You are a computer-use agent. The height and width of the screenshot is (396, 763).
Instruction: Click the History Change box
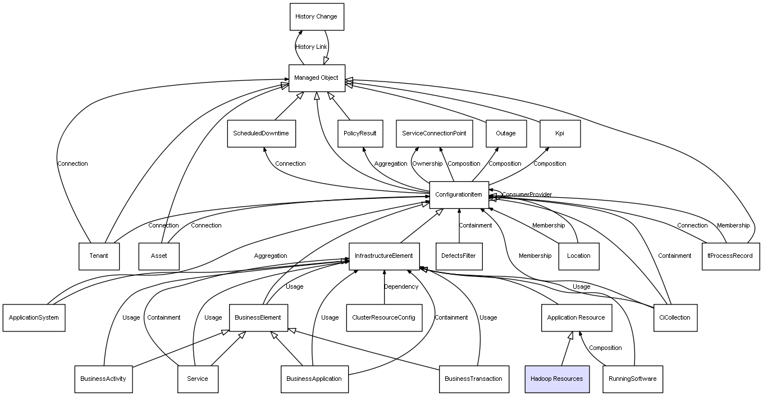(316, 17)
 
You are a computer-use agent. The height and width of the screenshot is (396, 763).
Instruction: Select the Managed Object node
(316, 78)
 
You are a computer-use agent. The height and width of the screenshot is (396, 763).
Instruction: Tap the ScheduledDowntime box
(261, 134)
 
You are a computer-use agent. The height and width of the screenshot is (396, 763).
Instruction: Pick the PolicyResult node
(360, 134)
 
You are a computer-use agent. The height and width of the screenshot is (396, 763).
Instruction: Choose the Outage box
(505, 134)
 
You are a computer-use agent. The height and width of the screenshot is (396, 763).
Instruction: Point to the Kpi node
(559, 134)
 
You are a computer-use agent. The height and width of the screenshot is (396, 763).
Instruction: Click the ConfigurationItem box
(459, 195)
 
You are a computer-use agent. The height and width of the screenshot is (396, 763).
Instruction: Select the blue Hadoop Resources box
(556, 379)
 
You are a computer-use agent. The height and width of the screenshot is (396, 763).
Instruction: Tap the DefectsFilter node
(458, 256)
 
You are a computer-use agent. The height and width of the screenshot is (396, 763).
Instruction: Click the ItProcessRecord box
(730, 256)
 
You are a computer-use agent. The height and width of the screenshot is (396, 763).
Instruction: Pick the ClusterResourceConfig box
(383, 317)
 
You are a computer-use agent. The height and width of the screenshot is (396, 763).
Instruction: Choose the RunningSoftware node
(632, 379)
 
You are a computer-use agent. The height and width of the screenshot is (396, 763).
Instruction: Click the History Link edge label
(311, 47)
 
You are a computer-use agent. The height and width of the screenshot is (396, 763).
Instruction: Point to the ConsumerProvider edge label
(527, 194)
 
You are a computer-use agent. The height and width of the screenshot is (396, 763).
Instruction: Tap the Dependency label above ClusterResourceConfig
(401, 286)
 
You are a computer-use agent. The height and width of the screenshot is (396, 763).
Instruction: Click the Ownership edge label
(427, 163)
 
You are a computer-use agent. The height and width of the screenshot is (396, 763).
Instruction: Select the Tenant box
(99, 256)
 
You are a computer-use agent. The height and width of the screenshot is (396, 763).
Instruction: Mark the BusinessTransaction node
(473, 379)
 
